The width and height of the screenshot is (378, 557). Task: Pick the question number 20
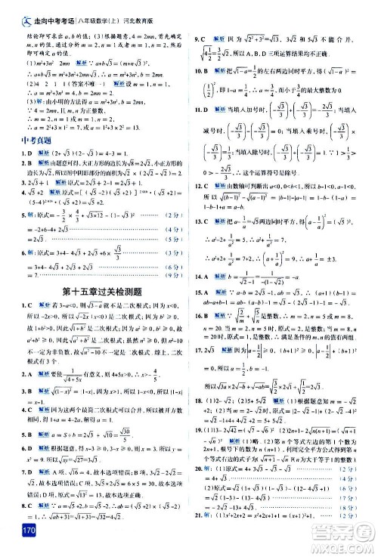[x=200, y=468]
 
